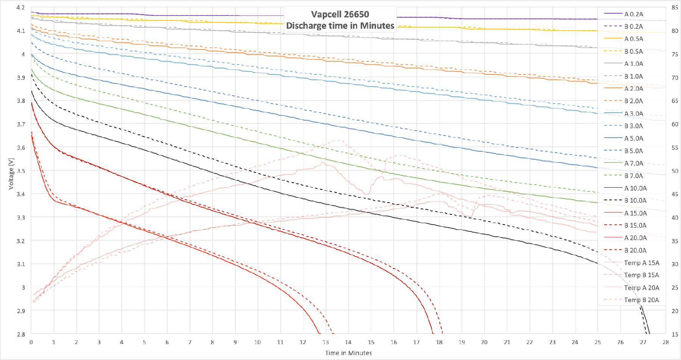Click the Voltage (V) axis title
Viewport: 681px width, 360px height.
coord(11,174)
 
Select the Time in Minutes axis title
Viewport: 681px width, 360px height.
coord(348,353)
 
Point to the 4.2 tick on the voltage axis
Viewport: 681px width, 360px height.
coord(21,8)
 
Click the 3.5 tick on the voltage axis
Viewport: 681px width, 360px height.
coord(21,171)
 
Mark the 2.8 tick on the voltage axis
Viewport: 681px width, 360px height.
coord(21,334)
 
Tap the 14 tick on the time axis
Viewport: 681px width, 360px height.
coord(348,342)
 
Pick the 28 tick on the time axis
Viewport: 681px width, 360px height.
coord(665,342)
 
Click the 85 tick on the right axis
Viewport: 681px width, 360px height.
coord(675,8)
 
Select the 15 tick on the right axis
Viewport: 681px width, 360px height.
coord(675,334)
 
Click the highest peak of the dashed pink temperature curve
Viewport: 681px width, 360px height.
coord(338,140)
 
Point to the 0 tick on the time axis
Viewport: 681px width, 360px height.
coord(31,342)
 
